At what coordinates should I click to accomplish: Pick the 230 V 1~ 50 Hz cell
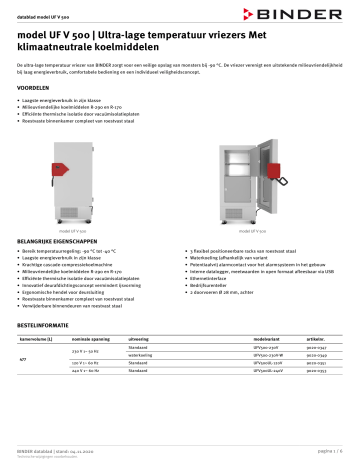pyautogui.click(x=84, y=352)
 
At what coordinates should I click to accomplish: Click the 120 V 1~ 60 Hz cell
pyautogui.click(x=84, y=364)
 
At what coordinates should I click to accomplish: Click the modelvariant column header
pyautogui.click(x=242, y=338)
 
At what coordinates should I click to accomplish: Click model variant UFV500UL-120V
pyautogui.click(x=244, y=364)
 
